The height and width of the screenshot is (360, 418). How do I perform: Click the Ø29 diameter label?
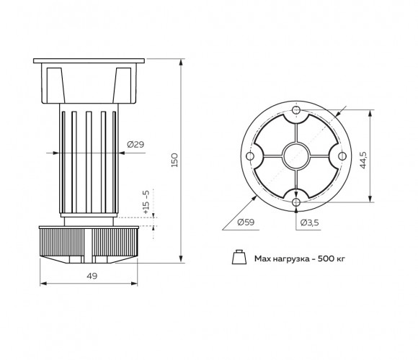(135, 145)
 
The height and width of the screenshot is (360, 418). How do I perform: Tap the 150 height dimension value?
(174, 160)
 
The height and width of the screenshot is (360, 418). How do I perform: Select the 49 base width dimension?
(92, 276)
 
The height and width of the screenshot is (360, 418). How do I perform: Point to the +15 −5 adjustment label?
(146, 202)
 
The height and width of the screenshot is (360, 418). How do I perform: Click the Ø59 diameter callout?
(246, 222)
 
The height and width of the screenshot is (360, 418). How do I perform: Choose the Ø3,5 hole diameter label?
(309, 222)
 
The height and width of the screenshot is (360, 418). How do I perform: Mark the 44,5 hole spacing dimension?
(363, 160)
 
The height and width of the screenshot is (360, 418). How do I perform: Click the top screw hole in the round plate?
(296, 110)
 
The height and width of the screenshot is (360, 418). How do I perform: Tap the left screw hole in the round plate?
(250, 156)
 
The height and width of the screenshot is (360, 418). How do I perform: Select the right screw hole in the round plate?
(342, 156)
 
